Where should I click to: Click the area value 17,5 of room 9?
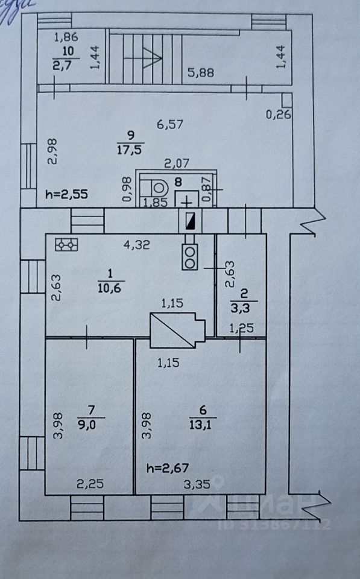click(129, 150)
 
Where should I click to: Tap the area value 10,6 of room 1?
click(109, 287)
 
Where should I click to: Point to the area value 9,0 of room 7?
click(87, 424)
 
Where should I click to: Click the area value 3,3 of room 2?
click(240, 308)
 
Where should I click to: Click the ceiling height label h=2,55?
click(66, 194)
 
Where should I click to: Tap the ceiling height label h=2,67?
click(168, 468)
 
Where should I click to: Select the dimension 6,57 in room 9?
click(170, 124)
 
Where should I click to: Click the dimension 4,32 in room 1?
click(137, 245)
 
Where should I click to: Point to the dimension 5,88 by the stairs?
click(200, 72)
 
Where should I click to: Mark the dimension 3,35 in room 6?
click(197, 484)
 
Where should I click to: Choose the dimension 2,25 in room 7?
click(90, 483)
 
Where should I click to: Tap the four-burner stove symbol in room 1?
click(66, 244)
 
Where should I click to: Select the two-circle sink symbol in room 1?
click(190, 257)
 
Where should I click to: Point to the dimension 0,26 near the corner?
click(279, 115)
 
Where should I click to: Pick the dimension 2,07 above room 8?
click(177, 163)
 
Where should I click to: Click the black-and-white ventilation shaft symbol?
click(191, 221)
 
